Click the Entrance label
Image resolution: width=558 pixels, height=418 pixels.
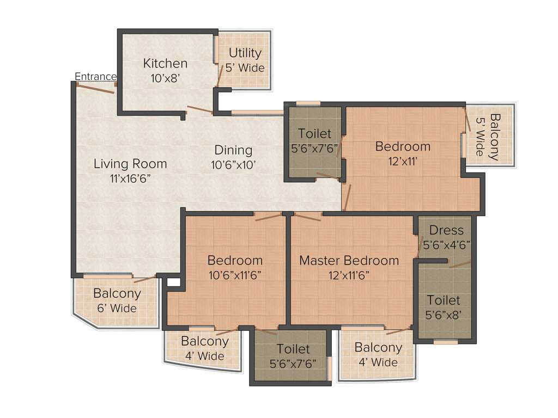click(x=95, y=77)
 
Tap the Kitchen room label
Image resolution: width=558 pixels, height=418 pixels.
click(x=165, y=64)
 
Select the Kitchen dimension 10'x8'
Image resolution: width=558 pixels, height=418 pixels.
click(x=165, y=78)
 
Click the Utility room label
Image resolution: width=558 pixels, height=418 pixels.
click(x=245, y=53)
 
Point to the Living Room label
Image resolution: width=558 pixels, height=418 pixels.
click(x=130, y=163)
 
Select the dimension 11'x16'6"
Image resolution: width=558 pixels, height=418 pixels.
click(x=130, y=178)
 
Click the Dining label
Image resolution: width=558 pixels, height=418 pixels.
click(x=233, y=150)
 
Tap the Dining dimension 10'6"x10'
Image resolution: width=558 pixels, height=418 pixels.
click(x=233, y=165)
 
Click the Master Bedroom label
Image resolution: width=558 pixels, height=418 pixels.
click(x=349, y=260)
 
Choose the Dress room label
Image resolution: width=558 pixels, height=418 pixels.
click(x=446, y=230)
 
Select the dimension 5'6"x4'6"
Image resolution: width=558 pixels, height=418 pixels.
click(x=446, y=245)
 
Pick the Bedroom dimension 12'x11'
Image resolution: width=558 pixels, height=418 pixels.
click(x=403, y=161)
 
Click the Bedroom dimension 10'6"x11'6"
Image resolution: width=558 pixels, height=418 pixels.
click(x=235, y=275)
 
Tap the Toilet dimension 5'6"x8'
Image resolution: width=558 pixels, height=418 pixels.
click(x=443, y=315)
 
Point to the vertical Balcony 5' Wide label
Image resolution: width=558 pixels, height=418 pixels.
click(x=488, y=136)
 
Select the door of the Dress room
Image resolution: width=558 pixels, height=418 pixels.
click(x=459, y=264)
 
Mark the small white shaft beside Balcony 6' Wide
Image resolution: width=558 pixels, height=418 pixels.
click(x=173, y=282)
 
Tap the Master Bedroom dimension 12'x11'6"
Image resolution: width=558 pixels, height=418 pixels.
click(x=349, y=275)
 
